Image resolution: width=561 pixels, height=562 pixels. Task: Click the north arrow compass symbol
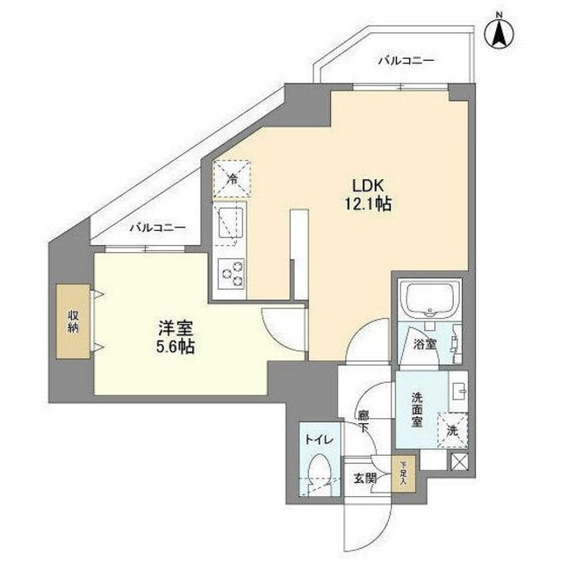[x=500, y=32]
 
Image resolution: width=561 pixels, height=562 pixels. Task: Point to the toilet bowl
[x=319, y=475]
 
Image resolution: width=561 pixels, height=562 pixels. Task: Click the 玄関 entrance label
[x=364, y=479]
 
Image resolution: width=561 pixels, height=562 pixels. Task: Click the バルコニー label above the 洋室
[x=158, y=227]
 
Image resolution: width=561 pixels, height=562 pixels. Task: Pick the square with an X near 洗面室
[x=459, y=460]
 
